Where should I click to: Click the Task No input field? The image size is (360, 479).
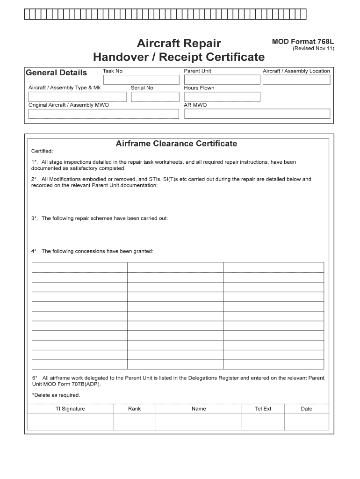[x=141, y=80]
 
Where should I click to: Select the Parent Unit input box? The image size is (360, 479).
[x=222, y=80]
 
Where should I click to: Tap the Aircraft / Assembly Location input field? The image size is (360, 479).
[x=296, y=80]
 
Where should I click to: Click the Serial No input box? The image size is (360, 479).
[x=155, y=97]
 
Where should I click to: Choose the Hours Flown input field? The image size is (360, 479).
[x=222, y=97]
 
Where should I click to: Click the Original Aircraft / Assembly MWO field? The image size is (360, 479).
[x=103, y=114]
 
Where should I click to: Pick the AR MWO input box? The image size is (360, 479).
[x=257, y=114]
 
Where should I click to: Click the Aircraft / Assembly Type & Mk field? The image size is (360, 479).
[x=78, y=97]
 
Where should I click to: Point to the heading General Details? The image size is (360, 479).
[x=56, y=73]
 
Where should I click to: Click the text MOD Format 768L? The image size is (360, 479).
[x=303, y=42]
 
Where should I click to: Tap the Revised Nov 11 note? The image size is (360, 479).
[x=313, y=49]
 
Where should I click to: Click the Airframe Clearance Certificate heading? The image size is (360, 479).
[x=176, y=144]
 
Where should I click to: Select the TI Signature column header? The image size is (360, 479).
[x=70, y=409]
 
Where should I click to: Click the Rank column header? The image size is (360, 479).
[x=134, y=409]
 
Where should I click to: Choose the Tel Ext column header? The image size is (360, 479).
[x=263, y=409]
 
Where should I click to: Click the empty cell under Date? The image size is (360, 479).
[x=306, y=421]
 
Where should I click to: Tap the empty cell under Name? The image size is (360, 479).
[x=198, y=421]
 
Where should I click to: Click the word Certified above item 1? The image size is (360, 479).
[x=42, y=151]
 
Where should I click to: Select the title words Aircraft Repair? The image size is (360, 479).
[x=179, y=44]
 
